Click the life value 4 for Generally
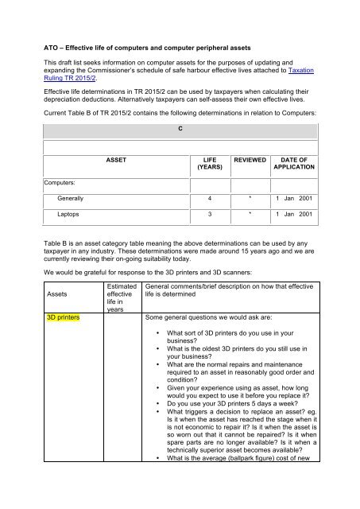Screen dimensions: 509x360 pyautogui.click(x=209, y=197)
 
